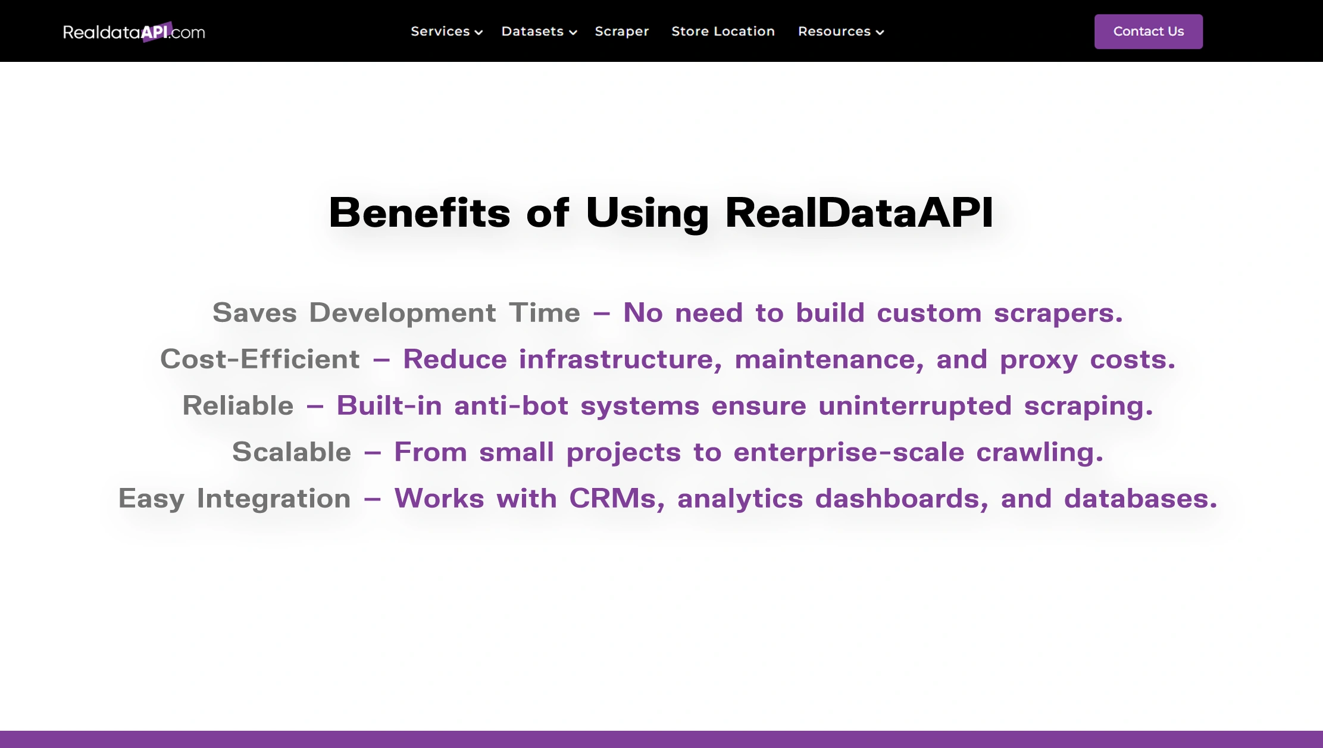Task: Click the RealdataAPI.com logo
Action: pos(134,32)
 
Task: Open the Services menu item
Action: pos(440,32)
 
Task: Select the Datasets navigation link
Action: pos(532,32)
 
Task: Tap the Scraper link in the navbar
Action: pos(621,32)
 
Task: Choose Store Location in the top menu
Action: pos(723,32)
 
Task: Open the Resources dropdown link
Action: pos(834,32)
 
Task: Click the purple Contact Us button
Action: pos(1148,32)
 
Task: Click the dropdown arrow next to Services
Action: pos(478,33)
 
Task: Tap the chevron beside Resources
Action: pos(880,33)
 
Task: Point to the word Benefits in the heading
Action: pos(420,212)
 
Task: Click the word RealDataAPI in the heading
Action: pos(859,212)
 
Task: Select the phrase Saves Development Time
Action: pos(396,313)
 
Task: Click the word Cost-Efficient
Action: pos(260,359)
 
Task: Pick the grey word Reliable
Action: pos(238,406)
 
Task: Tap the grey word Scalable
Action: pos(292,452)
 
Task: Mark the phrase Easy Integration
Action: pos(234,499)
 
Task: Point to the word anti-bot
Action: pos(511,406)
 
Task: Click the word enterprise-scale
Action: pos(849,452)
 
